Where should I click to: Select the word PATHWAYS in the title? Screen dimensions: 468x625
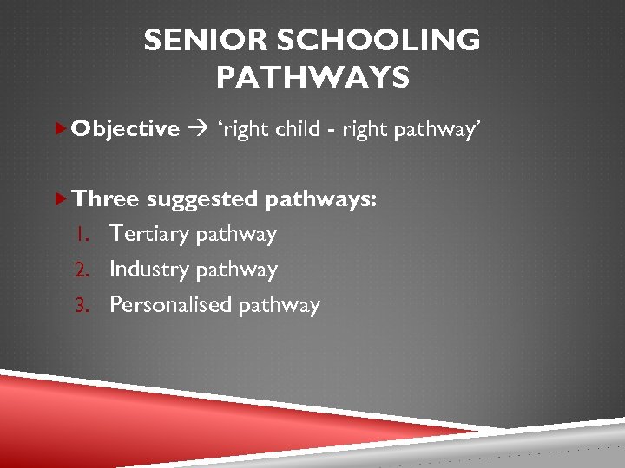pos(312,79)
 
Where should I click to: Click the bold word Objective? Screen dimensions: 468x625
pos(126,129)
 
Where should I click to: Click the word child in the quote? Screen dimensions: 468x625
pos(300,129)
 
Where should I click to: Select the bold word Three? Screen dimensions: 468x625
pos(106,198)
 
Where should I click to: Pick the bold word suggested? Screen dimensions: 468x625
pos(202,198)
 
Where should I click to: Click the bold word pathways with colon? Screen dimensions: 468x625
pos(321,199)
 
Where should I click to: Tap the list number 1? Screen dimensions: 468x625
pos(85,234)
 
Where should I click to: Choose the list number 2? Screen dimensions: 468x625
pos(85,270)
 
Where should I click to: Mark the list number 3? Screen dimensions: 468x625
pos(85,305)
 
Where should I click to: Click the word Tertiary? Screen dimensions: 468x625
pos(150,234)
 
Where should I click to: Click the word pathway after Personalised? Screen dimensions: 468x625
pos(280,306)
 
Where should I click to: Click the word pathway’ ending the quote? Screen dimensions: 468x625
pos(438,130)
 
